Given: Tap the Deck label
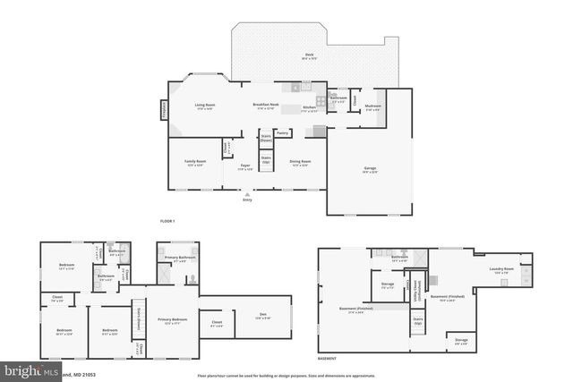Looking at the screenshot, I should (309, 55).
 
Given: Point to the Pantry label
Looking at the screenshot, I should (283, 133).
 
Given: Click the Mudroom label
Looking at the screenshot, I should (373, 107).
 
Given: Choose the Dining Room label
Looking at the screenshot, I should (301, 164).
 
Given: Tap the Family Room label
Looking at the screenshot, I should (193, 162).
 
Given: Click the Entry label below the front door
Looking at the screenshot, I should (247, 199).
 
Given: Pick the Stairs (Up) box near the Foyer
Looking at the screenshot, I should (266, 160).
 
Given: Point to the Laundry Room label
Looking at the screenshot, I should (501, 268).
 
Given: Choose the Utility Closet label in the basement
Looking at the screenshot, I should (416, 291).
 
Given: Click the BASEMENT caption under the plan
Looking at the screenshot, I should (328, 356).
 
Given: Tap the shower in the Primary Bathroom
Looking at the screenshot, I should (188, 278).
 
